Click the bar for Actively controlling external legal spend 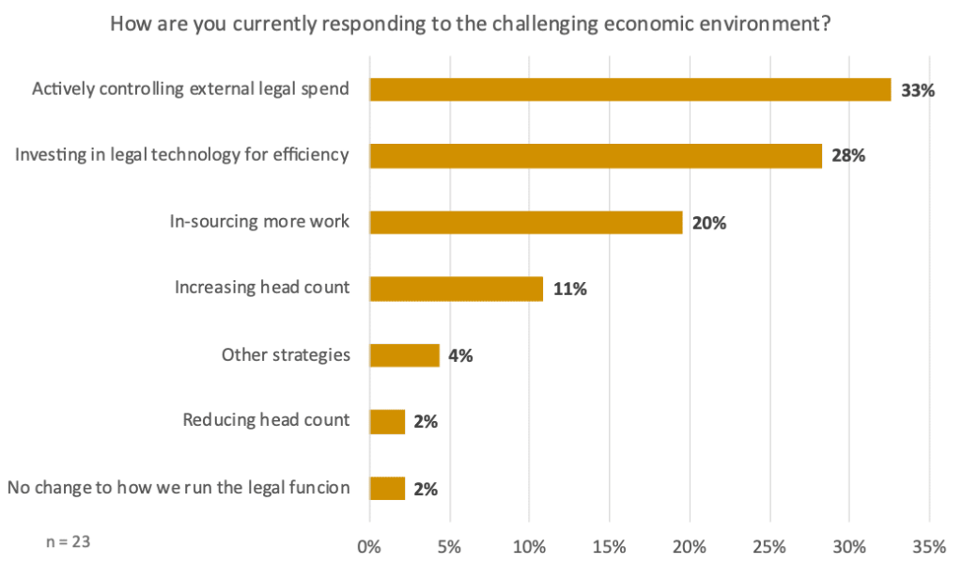tap(629, 89)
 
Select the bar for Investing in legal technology tap(596, 156)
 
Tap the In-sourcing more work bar tap(526, 222)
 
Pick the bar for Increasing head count tap(457, 289)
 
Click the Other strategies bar tap(405, 355)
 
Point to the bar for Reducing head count tap(388, 422)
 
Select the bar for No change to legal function tap(388, 489)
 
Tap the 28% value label tap(847, 157)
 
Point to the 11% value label tap(569, 290)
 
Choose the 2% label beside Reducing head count tap(426, 423)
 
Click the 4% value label tap(459, 356)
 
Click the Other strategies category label tap(286, 355)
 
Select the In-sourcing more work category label tap(259, 222)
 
